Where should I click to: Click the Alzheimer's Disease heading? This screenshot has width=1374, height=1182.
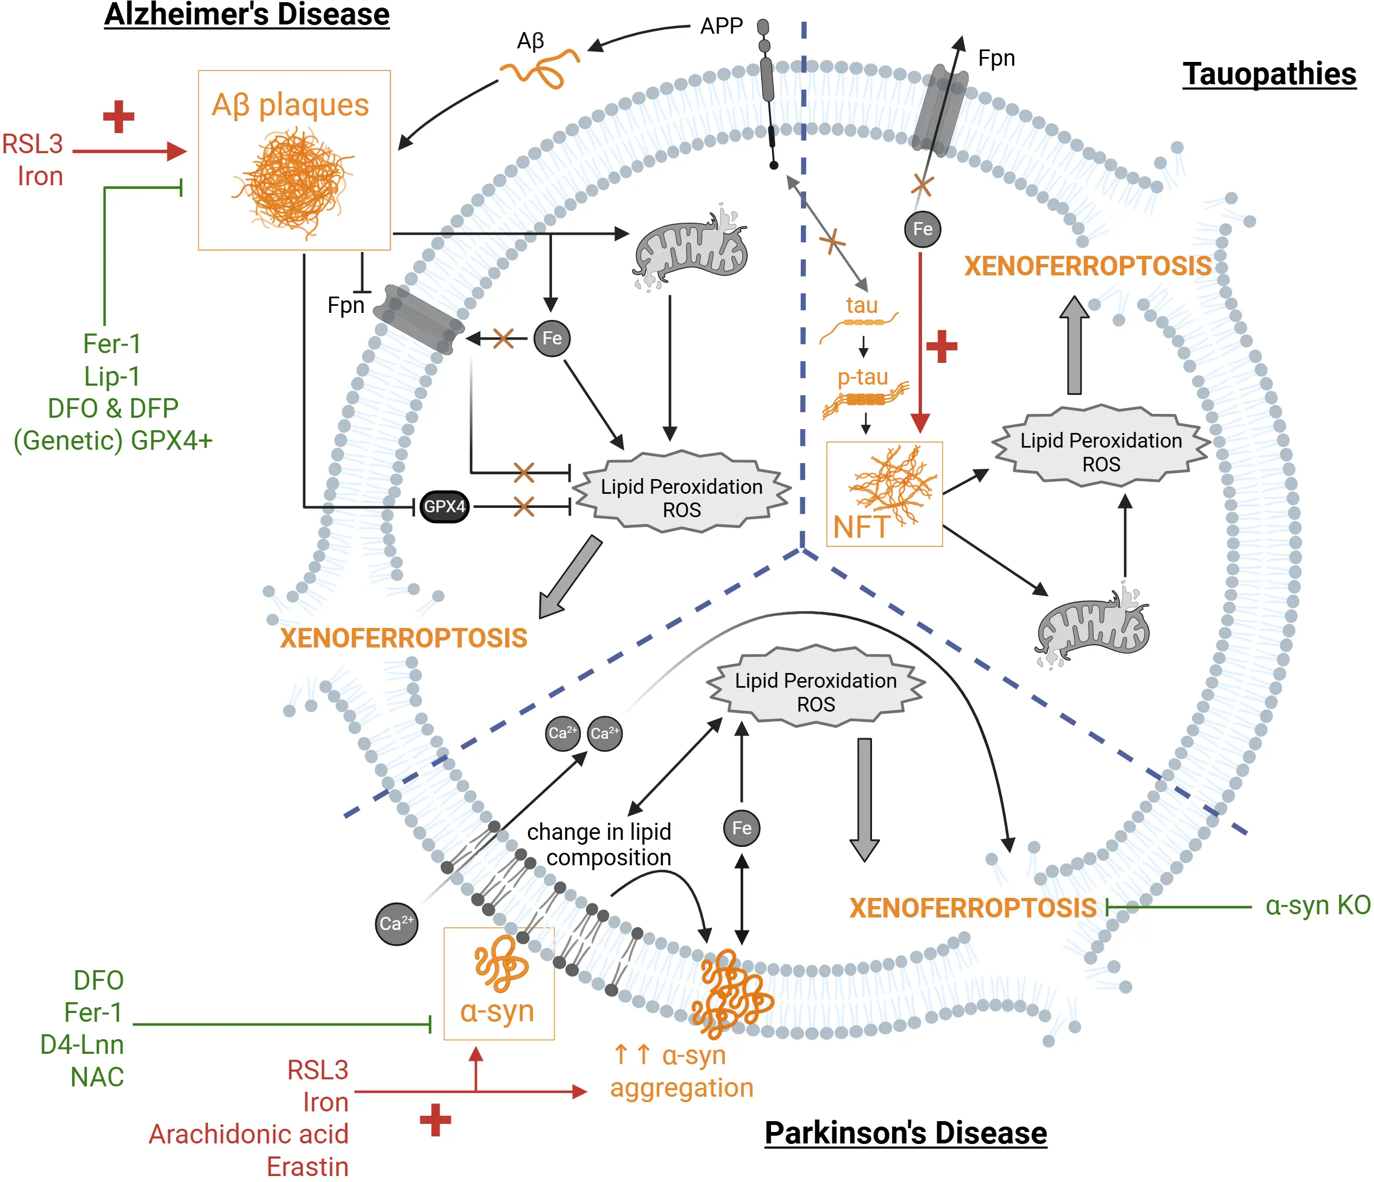coord(247,15)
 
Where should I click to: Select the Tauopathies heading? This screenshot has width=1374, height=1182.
coord(1269,73)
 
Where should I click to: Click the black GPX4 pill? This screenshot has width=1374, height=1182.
coord(444,506)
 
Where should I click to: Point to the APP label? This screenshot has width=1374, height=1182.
coord(721,26)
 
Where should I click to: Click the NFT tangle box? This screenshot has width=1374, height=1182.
coord(884,494)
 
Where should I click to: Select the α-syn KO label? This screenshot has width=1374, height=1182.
coord(1317,905)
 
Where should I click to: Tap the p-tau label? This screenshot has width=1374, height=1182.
coord(862,376)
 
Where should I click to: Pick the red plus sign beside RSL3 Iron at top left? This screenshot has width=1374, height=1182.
coord(118,117)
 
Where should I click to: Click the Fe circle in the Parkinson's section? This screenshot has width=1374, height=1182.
coord(742,828)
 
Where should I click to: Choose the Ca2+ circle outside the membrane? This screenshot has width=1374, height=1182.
coord(397,923)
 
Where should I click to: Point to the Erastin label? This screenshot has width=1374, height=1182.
coord(307,1167)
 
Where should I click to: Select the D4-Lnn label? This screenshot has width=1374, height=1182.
coord(81,1044)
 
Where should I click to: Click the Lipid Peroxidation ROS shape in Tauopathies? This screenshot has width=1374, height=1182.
coord(1101,452)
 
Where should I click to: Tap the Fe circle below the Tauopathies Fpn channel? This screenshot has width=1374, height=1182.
coord(923,229)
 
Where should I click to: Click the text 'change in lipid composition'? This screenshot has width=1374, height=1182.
coord(599,845)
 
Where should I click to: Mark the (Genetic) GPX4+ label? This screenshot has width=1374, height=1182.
coord(112,440)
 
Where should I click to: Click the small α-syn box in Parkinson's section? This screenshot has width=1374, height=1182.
coord(499,983)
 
